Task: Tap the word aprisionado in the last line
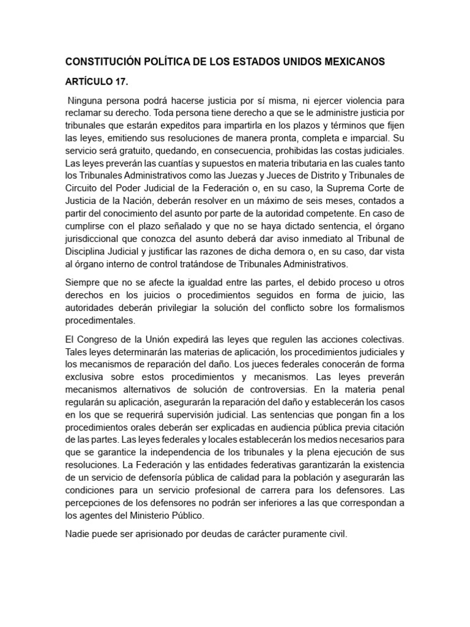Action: click(x=147, y=535)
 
